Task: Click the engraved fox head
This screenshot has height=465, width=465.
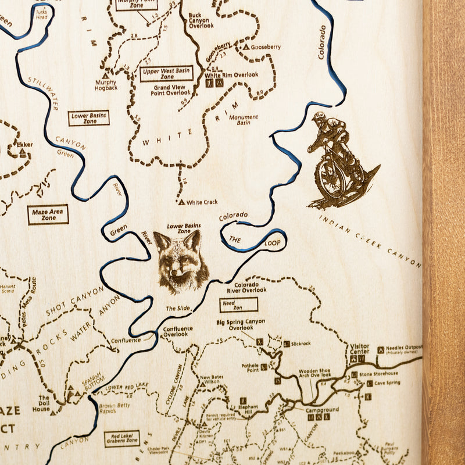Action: click(181, 262)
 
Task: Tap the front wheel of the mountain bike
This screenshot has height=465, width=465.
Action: click(330, 177)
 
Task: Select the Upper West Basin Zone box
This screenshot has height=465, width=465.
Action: click(166, 73)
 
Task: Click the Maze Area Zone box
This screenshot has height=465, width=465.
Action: click(48, 214)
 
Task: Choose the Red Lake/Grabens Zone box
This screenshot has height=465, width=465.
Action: click(122, 438)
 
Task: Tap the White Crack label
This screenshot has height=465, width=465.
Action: click(202, 202)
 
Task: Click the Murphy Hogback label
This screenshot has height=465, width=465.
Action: click(106, 85)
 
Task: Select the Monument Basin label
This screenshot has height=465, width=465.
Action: click(244, 120)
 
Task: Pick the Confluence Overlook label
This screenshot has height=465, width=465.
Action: click(177, 332)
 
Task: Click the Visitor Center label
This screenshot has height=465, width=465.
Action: click(359, 349)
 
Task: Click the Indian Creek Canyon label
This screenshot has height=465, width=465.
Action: click(370, 240)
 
